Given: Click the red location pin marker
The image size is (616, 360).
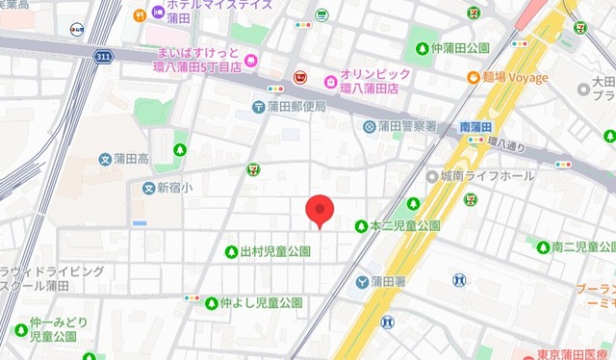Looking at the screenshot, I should tap(319, 211).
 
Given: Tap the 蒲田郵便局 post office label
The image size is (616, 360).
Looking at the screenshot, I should tap(297, 107).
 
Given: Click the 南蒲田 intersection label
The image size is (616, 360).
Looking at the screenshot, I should tap(475, 127).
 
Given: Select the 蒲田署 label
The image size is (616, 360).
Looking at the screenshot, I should tap(388, 282).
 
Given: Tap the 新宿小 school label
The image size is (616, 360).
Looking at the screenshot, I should tap(173, 188).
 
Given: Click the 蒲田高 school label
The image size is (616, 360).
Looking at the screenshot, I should tap(128, 158).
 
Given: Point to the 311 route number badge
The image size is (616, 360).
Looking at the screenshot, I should tap(103, 59).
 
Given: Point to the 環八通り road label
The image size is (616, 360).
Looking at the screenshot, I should tap(506, 144).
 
